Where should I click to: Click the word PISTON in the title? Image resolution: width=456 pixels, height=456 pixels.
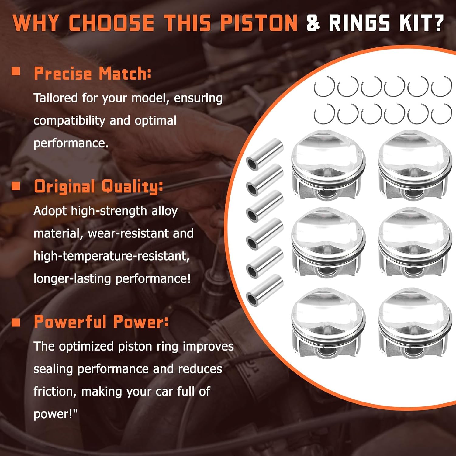click(x=259, y=23)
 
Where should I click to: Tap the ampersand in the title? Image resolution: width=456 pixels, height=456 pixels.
click(x=313, y=23)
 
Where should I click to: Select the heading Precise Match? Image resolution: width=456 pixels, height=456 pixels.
click(x=92, y=74)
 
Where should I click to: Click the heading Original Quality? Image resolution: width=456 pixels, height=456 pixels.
click(x=98, y=186)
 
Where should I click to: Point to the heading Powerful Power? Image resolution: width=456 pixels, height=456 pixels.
click(x=101, y=322)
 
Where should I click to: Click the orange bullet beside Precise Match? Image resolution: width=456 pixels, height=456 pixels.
click(x=16, y=72)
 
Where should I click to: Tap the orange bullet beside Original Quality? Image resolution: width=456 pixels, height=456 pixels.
click(x=16, y=185)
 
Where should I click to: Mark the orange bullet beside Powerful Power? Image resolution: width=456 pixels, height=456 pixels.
click(x=16, y=322)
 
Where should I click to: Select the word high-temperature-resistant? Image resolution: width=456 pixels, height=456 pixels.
click(x=112, y=256)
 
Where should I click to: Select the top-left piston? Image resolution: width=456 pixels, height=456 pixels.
click(x=328, y=166)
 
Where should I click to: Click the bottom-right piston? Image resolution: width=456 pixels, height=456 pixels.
click(x=415, y=324)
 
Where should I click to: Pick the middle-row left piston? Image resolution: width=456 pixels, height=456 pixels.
click(x=328, y=243)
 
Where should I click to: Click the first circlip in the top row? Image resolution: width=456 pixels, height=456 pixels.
click(x=324, y=87)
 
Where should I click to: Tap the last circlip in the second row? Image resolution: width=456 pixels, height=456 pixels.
click(x=441, y=114)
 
